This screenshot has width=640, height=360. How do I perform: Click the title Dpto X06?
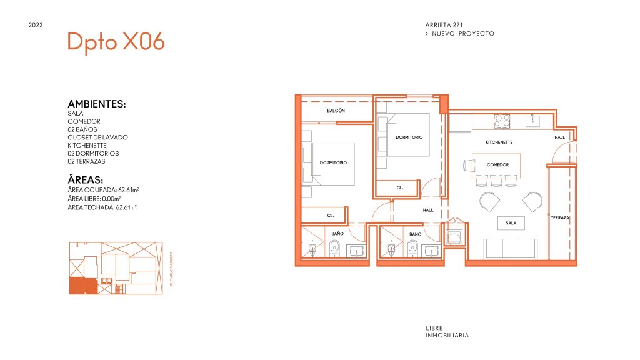pyautogui.click(x=116, y=42)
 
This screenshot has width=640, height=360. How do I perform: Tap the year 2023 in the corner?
pyautogui.click(x=36, y=25)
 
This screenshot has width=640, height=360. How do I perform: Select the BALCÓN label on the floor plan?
pyautogui.click(x=336, y=111)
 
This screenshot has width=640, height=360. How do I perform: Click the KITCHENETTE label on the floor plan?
pyautogui.click(x=499, y=142)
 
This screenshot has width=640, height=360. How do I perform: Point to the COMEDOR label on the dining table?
pyautogui.click(x=497, y=165)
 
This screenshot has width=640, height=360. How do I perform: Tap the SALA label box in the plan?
pyautogui.click(x=511, y=223)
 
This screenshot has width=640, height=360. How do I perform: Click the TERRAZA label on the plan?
pyautogui.click(x=560, y=218)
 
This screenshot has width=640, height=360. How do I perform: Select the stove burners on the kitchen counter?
pyautogui.click(x=502, y=121)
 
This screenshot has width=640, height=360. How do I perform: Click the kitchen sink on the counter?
pyautogui.click(x=532, y=121)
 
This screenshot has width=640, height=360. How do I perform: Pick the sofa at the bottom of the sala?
pyautogui.click(x=510, y=249)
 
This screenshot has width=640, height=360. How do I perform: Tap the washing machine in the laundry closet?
pyautogui.click(x=454, y=237)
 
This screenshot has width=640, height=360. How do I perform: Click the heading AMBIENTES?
pyautogui.click(x=97, y=104)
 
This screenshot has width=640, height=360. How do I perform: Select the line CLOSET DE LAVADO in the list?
pyautogui.click(x=97, y=137)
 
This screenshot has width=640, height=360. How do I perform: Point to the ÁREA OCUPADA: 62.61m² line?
pyautogui.click(x=103, y=190)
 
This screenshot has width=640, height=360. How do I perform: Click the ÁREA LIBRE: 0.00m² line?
pyautogui.click(x=94, y=199)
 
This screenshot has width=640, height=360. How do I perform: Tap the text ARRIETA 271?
pyautogui.click(x=444, y=25)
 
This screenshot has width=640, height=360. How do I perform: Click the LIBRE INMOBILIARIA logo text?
pyautogui.click(x=447, y=332)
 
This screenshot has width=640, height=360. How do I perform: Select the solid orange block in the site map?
pyautogui.click(x=83, y=286)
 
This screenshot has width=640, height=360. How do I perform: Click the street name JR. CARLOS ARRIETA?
pyautogui.click(x=171, y=269)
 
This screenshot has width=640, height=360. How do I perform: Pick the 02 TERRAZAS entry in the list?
pyautogui.click(x=86, y=161)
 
